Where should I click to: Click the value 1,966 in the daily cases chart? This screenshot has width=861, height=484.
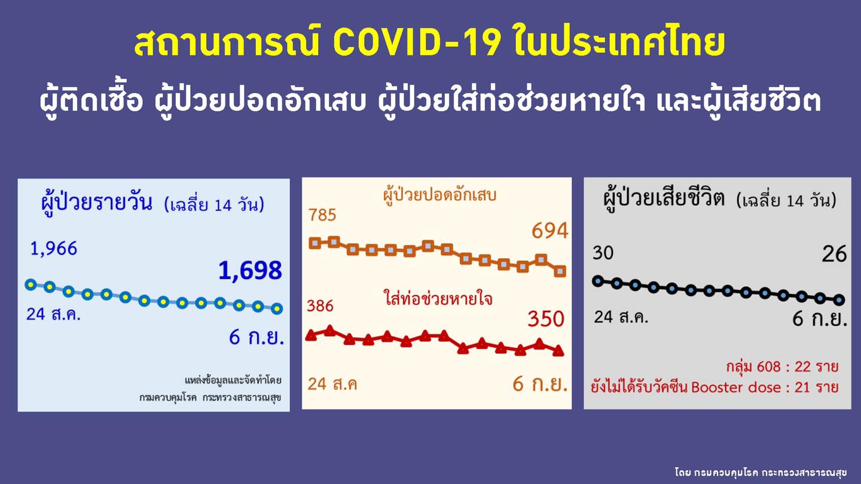point(54,249)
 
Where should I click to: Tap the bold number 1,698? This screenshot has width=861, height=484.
point(250,271)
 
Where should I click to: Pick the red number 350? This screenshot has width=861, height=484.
point(545,319)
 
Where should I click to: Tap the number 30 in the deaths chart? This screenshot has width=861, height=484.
point(603,253)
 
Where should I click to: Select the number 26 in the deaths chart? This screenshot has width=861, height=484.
point(834,255)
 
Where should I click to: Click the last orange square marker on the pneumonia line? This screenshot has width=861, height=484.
point(560,271)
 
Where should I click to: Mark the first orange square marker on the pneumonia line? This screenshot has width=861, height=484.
point(315,243)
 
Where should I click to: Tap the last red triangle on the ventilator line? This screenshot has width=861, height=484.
point(558,351)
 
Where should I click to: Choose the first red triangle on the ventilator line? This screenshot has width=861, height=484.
point(311,336)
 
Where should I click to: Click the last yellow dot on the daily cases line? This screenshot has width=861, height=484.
point(276,308)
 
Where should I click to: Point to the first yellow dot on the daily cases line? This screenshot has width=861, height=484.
point(31,284)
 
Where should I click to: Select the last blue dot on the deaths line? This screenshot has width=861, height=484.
point(839,299)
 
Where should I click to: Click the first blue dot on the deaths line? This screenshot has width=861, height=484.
point(597,281)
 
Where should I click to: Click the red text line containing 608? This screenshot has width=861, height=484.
point(781,366)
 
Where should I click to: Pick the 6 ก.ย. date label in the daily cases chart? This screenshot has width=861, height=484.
point(256,338)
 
